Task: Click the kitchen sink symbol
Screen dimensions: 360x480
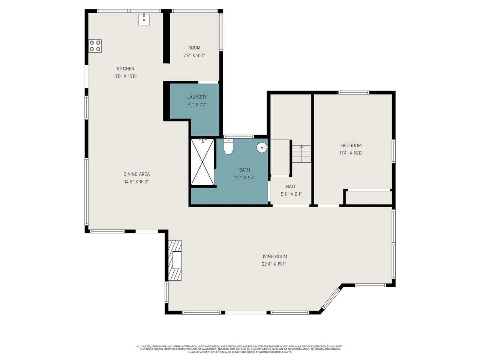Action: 144,19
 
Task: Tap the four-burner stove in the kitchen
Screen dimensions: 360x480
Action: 95,46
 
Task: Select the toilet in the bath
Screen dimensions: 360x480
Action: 228,147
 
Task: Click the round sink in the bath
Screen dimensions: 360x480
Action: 262,148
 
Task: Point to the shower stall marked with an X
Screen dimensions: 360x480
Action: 202,162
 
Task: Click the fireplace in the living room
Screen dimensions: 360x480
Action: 175,260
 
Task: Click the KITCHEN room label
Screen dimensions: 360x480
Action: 126,69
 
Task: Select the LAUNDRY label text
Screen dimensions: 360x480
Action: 197,97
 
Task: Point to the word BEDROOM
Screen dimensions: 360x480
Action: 351,145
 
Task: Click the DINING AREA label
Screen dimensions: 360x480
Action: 136,174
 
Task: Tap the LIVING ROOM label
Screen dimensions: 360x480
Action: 274,256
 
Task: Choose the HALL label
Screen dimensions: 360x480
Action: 291,186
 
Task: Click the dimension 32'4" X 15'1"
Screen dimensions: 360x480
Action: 274,264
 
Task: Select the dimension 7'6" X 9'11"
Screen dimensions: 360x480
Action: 194,55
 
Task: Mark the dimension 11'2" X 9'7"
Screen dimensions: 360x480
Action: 244,178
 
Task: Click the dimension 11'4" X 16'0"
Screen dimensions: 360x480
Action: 351,153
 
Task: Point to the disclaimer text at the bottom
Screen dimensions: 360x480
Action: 240,349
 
